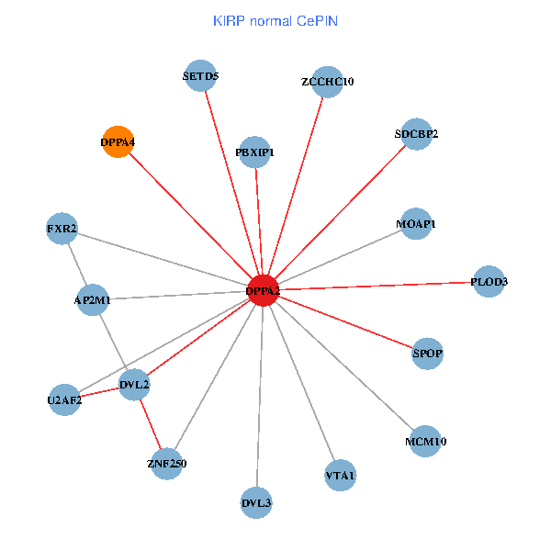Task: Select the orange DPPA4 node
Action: pyautogui.click(x=118, y=142)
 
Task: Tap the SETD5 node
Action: pyautogui.click(x=200, y=77)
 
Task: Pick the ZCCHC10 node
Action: pyautogui.click(x=327, y=82)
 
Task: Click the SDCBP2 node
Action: pyautogui.click(x=416, y=134)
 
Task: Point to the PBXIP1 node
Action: pyautogui.click(x=254, y=152)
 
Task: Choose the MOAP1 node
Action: pyautogui.click(x=415, y=224)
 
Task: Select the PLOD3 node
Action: pyautogui.click(x=489, y=281)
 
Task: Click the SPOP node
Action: pyautogui.click(x=427, y=353)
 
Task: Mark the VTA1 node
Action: pyautogui.click(x=340, y=475)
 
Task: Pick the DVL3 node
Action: pyautogui.click(x=257, y=502)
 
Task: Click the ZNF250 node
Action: pyautogui.click(x=166, y=464)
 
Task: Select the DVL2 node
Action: pyautogui.click(x=134, y=385)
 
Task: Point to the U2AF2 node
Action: pyautogui.click(x=64, y=399)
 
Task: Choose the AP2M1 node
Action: pyautogui.click(x=93, y=299)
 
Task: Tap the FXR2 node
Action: pyautogui.click(x=62, y=228)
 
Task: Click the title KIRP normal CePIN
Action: pyautogui.click(x=275, y=20)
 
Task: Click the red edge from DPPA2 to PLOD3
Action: pyautogui.click(x=377, y=286)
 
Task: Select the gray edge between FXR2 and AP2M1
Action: pyautogui.click(x=77, y=264)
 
